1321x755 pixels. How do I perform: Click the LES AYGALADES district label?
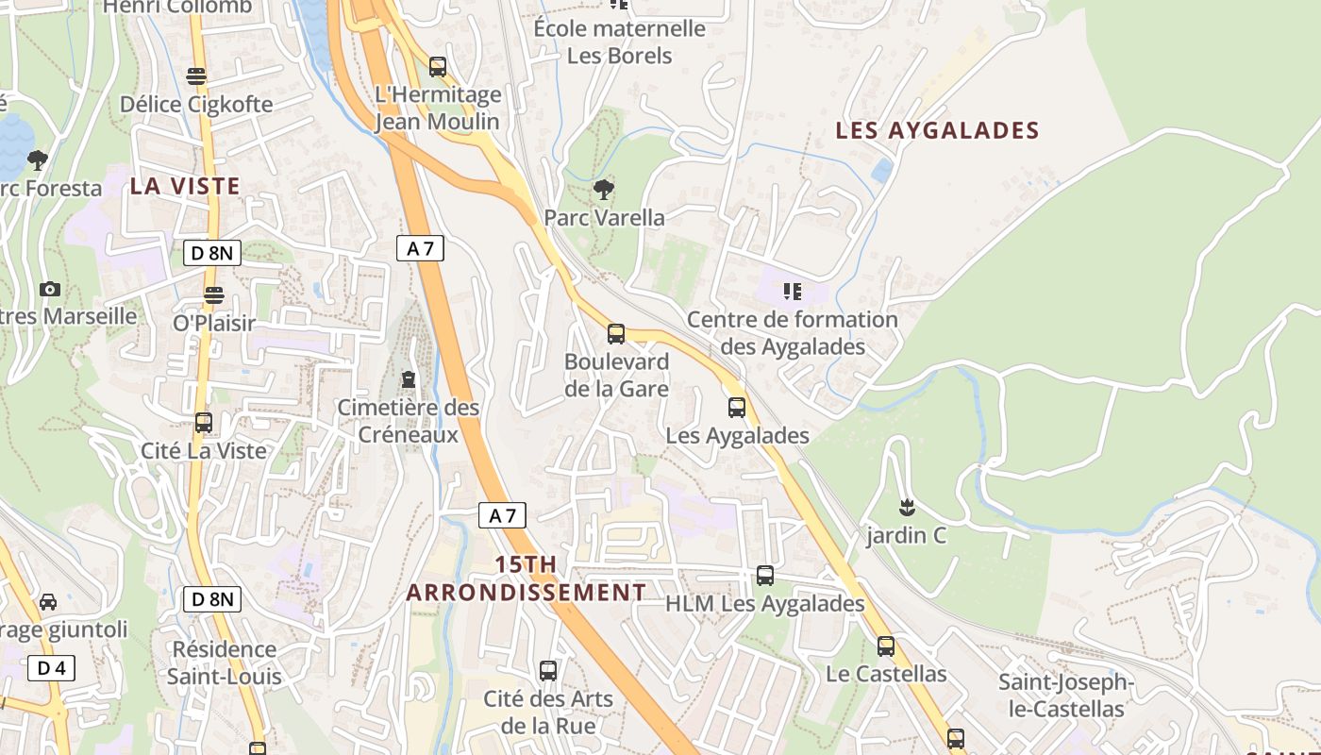click(937, 130)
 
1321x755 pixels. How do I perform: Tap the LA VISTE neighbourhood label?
click(185, 186)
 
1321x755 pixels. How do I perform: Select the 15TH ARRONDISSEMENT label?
click(527, 579)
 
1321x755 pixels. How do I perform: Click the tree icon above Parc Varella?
click(604, 190)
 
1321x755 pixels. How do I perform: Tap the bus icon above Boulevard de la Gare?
click(616, 333)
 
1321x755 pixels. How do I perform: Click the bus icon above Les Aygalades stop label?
click(737, 408)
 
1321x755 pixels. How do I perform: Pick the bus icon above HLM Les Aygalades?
click(765, 575)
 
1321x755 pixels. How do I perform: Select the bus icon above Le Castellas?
click(885, 646)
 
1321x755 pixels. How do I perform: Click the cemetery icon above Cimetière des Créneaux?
click(408, 379)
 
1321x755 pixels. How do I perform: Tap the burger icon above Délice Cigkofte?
click(196, 75)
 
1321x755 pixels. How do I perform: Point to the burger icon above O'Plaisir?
click(214, 294)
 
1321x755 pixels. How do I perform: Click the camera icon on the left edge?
click(50, 289)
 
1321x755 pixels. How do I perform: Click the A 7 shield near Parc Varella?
click(420, 248)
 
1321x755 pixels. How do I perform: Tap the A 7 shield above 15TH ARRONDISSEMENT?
click(502, 515)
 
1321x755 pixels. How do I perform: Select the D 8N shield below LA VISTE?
click(212, 252)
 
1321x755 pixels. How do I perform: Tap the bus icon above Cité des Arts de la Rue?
click(548, 671)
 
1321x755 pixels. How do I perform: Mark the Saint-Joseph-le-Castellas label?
click(1065, 696)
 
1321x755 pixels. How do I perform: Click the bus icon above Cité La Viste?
click(204, 423)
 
